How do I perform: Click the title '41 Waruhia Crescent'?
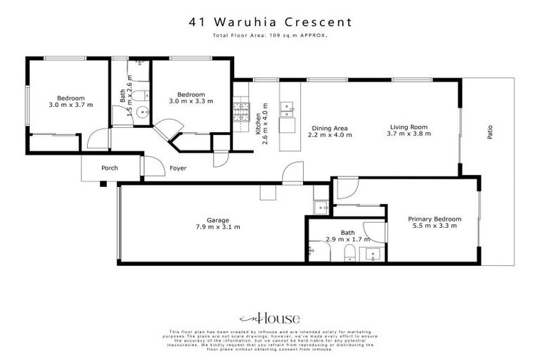(x=270, y=22)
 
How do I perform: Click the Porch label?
(x=110, y=168)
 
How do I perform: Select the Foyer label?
(x=177, y=168)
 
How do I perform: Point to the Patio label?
(x=489, y=132)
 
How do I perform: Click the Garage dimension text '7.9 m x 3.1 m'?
(x=217, y=227)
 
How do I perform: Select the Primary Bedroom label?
(x=435, y=219)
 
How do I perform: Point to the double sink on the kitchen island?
(x=288, y=107)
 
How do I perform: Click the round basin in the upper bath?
(x=143, y=111)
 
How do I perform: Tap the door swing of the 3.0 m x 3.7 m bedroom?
(x=98, y=139)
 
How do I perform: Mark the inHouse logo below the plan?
(x=270, y=317)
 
